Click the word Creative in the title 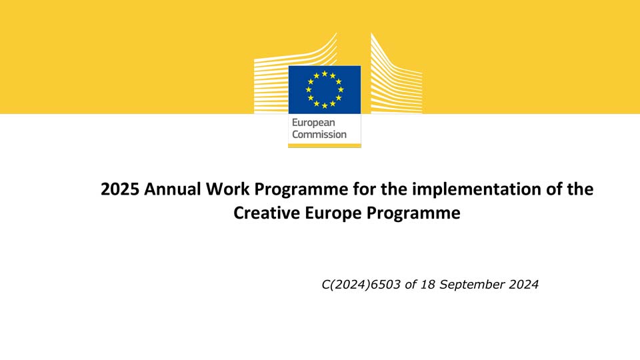(267, 213)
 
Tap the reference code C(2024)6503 (361, 285)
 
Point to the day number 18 (427, 285)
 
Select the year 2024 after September (524, 285)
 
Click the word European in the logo (313, 123)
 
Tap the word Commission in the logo (319, 134)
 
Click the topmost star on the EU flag (325, 73)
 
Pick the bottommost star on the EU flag (325, 106)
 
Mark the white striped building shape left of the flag (286, 81)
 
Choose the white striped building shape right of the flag (396, 77)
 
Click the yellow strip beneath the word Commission (325, 145)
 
